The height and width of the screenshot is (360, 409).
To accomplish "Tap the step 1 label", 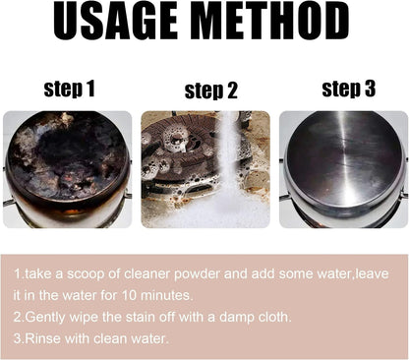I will tap(69, 90).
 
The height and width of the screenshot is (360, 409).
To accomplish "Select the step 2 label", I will tap(211, 91).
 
